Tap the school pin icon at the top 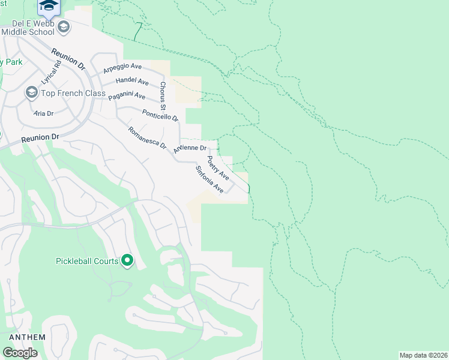pyautogui.click(x=49, y=6)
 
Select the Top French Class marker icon pyautogui.click(x=31, y=92)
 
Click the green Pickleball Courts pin pyautogui.click(x=127, y=260)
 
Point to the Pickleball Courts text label pyautogui.click(x=87, y=261)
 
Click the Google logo pyautogui.click(x=20, y=352)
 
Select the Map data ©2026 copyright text pyautogui.click(x=423, y=355)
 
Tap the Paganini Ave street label pyautogui.click(x=127, y=96)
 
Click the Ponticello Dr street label pyautogui.click(x=160, y=115)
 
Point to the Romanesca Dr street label pyautogui.click(x=147, y=138)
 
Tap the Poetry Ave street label pyautogui.click(x=218, y=168)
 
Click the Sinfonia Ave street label pyautogui.click(x=209, y=179)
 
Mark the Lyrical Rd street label pyautogui.click(x=52, y=72)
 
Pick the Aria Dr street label pyautogui.click(x=44, y=113)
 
